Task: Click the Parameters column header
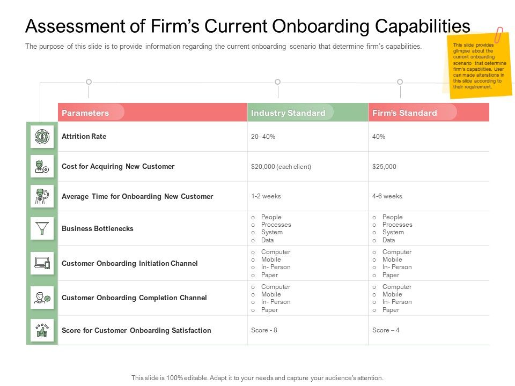pyautogui.click(x=86, y=113)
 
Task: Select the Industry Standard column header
pyautogui.click(x=288, y=113)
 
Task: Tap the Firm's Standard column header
pyautogui.click(x=404, y=113)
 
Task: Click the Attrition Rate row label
pyautogui.click(x=84, y=137)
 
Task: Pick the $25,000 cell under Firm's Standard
pyautogui.click(x=384, y=167)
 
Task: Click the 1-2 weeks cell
pyautogui.click(x=266, y=196)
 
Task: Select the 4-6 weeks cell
pyautogui.click(x=387, y=196)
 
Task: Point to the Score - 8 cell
pyautogui.click(x=264, y=330)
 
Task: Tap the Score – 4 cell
pyautogui.click(x=386, y=330)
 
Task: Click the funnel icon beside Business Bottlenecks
pyautogui.click(x=42, y=229)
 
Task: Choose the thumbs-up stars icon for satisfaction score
pyautogui.click(x=42, y=330)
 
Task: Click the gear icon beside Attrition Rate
pyautogui.click(x=42, y=137)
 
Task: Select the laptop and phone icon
pyautogui.click(x=42, y=263)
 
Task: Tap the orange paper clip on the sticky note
pyautogui.click(x=499, y=35)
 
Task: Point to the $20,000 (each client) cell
pyautogui.click(x=281, y=167)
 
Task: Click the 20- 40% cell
pyautogui.click(x=263, y=137)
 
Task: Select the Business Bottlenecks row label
pyautogui.click(x=98, y=229)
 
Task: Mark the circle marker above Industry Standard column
pyautogui.click(x=277, y=82)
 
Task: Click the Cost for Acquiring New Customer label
pyautogui.click(x=118, y=167)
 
